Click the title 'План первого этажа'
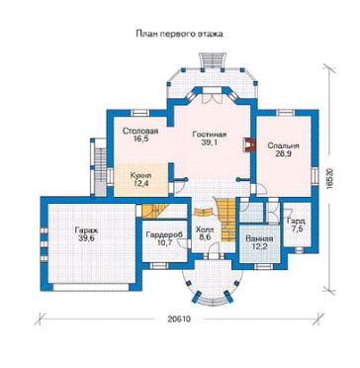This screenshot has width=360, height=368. tap(179, 34)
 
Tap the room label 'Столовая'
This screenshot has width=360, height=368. tap(140, 131)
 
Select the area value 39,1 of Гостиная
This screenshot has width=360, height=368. tap(210, 142)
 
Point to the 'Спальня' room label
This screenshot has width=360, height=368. tap(283, 145)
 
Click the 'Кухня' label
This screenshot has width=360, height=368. tap(140, 175)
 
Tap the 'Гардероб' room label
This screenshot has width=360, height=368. tap(164, 234)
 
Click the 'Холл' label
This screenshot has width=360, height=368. tap(205, 230)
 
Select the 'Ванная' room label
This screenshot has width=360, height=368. tap(259, 239)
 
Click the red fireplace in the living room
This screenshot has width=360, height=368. tap(250, 144)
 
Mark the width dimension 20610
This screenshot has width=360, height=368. tap(179, 320)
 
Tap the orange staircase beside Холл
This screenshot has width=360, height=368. tap(226, 219)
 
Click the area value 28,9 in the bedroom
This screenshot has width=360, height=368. tap(283, 153)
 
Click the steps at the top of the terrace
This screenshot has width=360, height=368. tap(212, 60)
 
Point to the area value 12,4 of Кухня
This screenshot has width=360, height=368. tap(140, 182)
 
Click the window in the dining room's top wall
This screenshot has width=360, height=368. tap(140, 113)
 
